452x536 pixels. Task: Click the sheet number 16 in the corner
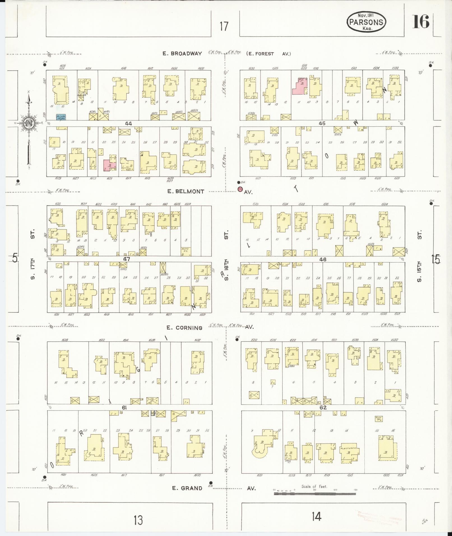(x=421, y=22)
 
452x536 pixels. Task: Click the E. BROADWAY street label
(x=182, y=54)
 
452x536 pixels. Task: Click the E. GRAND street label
(x=187, y=488)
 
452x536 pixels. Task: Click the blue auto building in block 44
(x=61, y=117)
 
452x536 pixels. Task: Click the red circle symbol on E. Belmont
(x=240, y=189)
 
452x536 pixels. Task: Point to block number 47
(x=127, y=259)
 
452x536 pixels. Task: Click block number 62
(x=323, y=407)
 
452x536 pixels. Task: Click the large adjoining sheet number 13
(x=138, y=520)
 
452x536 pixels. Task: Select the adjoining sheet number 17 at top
(x=224, y=26)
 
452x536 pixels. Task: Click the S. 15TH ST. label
(x=419, y=256)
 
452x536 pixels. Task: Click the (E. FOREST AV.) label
(x=268, y=54)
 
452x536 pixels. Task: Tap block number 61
(x=124, y=408)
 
